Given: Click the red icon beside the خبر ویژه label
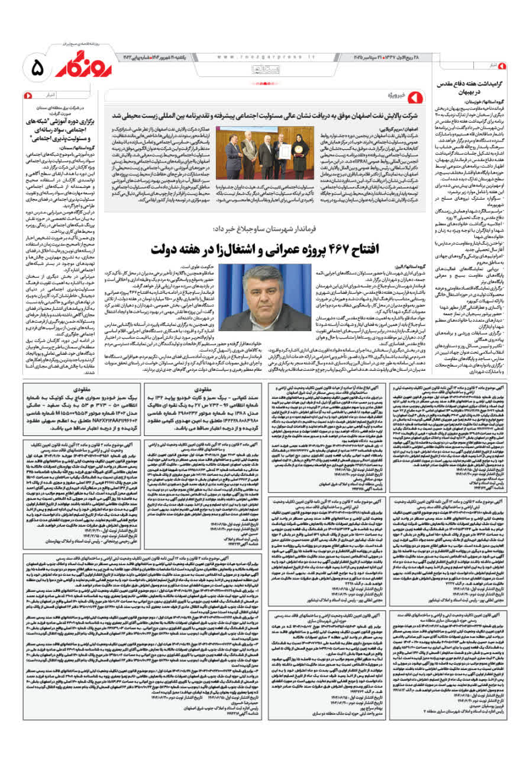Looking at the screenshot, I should click(415, 95).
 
